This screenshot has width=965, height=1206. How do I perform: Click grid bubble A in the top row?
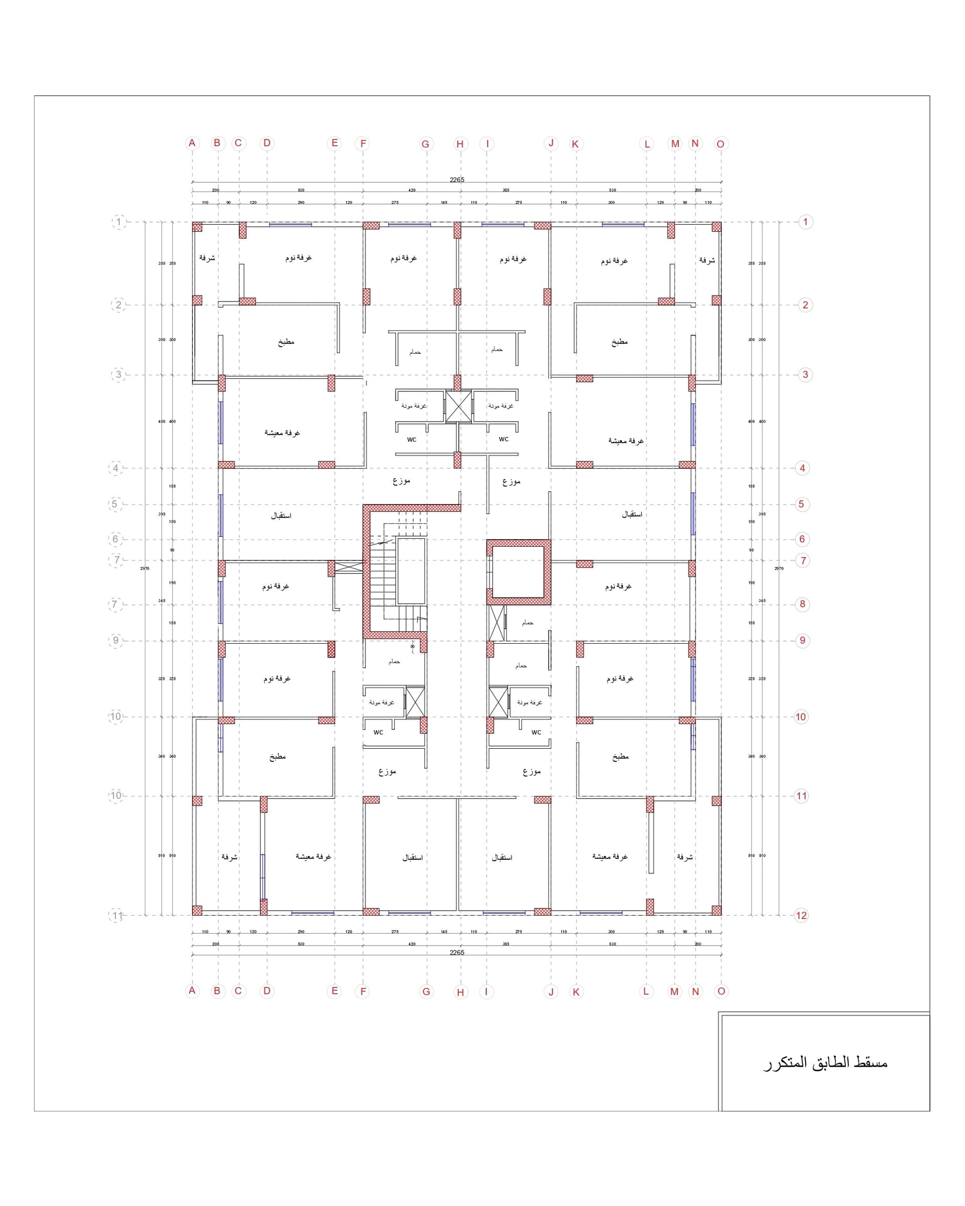click(x=192, y=143)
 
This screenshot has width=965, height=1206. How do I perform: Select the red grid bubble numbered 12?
click(x=801, y=916)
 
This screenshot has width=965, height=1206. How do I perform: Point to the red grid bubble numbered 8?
click(x=802, y=604)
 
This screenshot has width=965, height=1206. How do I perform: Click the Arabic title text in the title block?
click(x=825, y=1063)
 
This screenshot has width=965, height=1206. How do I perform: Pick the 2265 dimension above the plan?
click(x=457, y=179)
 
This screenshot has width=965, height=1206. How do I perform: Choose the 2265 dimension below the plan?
click(x=457, y=953)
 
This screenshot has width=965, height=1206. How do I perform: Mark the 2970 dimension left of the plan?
click(x=145, y=568)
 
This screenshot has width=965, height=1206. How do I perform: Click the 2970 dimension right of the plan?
click(x=779, y=568)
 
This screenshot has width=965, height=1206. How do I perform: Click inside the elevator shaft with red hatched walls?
click(x=519, y=572)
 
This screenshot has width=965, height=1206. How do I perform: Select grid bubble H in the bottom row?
click(x=460, y=992)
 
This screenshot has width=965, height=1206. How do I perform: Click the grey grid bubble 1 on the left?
click(x=119, y=222)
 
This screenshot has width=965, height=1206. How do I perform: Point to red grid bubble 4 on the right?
click(x=802, y=468)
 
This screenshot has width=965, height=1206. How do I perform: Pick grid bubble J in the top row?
click(x=551, y=143)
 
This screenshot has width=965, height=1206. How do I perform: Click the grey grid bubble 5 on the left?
click(x=115, y=504)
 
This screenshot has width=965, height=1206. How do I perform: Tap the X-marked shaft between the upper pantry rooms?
click(x=458, y=407)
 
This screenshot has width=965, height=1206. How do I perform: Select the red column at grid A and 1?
click(x=197, y=227)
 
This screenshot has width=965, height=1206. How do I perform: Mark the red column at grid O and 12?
click(x=716, y=911)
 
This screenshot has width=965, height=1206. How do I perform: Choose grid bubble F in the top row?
click(x=363, y=144)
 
